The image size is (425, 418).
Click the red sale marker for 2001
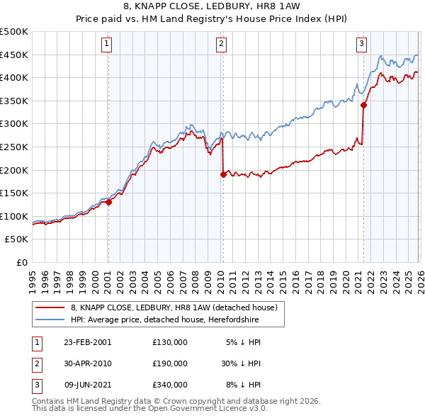tap(109, 202)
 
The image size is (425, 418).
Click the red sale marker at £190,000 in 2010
tap(223, 174)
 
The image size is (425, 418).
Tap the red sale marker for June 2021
tap(363, 105)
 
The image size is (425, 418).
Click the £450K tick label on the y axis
tap(14, 55)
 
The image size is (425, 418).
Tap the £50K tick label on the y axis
tap(17, 239)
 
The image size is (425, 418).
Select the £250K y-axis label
tap(14, 147)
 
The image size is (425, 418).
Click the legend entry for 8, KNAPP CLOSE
tap(178, 307)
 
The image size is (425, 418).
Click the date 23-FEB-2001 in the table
tap(87, 341)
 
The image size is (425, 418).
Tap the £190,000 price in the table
tap(169, 363)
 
